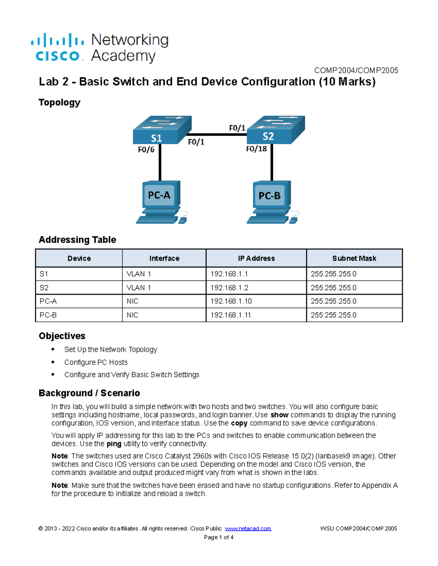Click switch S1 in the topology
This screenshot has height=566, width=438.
click(161, 130)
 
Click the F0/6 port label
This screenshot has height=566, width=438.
click(146, 149)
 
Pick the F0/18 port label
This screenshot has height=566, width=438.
click(256, 149)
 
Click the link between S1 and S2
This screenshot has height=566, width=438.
click(217, 134)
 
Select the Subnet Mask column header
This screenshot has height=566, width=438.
click(354, 258)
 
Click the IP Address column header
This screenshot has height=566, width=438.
click(256, 258)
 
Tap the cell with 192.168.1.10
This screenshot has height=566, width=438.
click(231, 301)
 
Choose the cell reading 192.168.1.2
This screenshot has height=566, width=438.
click(229, 288)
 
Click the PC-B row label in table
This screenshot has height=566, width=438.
click(48, 315)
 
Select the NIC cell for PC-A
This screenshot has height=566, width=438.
click(132, 301)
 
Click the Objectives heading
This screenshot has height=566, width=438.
click(62, 336)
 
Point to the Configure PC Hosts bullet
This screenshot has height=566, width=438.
click(96, 362)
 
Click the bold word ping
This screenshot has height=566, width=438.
click(114, 444)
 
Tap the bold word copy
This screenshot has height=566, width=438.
click(239, 423)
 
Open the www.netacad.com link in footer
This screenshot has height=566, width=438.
click(248, 528)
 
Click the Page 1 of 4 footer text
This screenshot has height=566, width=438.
click(219, 537)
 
